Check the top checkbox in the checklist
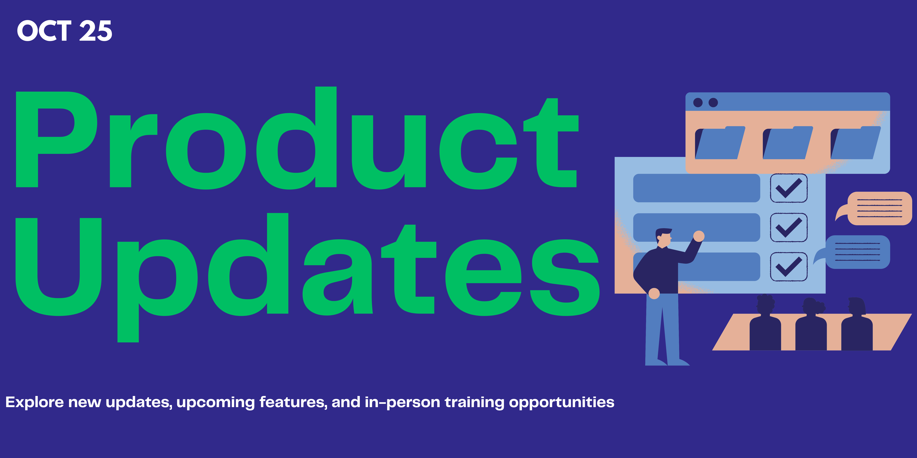click(x=788, y=188)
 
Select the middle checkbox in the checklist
click(x=788, y=228)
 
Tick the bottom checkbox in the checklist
click(x=788, y=267)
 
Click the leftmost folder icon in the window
click(x=720, y=143)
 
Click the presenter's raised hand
click(x=699, y=236)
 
